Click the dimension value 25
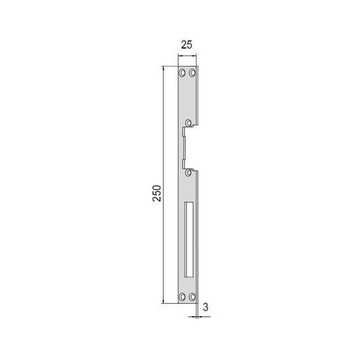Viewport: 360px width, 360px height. [x=186, y=45]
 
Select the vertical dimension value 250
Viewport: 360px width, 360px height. [x=157, y=193]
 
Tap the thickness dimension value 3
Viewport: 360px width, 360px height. [x=205, y=307]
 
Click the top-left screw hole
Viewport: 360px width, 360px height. [x=182, y=73]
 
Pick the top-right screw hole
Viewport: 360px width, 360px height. [x=192, y=73]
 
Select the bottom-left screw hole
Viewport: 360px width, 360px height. [x=182, y=297]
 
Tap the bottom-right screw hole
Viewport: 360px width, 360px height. [x=192, y=297]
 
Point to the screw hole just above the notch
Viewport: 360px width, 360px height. [x=188, y=123]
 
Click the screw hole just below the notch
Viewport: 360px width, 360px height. [x=188, y=172]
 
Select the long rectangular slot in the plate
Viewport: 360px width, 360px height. [x=188, y=240]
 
